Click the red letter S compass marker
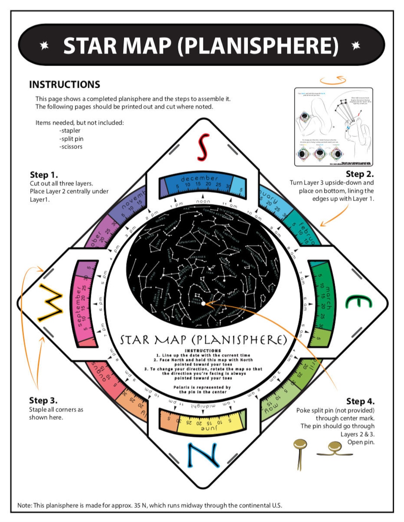(203, 147)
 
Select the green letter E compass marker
(358, 302)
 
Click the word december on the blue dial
(199, 178)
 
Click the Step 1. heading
(44, 175)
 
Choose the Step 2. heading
(359, 174)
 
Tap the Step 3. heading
(43, 400)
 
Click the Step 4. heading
(360, 401)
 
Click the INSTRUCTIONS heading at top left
(65, 85)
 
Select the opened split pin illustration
(335, 449)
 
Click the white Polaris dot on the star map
(203, 304)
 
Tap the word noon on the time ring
(203, 201)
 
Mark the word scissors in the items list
(72, 147)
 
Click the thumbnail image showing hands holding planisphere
(334, 127)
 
